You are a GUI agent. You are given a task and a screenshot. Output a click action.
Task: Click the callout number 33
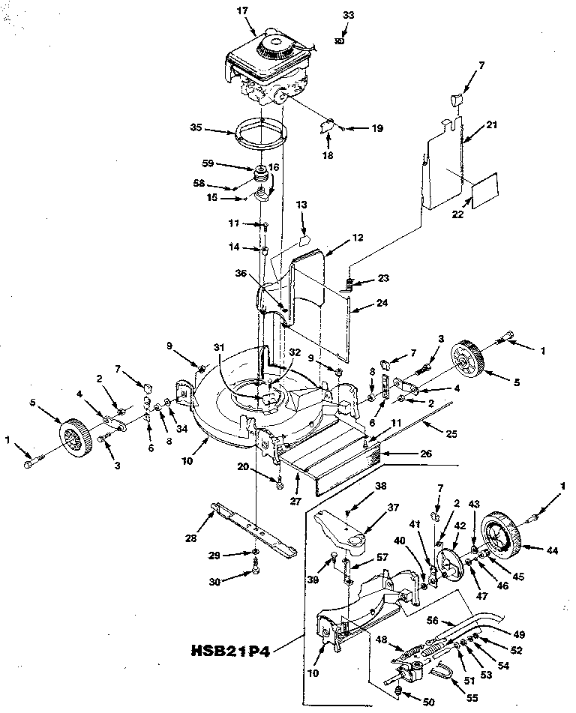(346, 15)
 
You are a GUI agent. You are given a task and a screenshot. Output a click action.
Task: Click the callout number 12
(357, 238)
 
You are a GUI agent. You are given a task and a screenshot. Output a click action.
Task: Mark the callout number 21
(492, 125)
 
